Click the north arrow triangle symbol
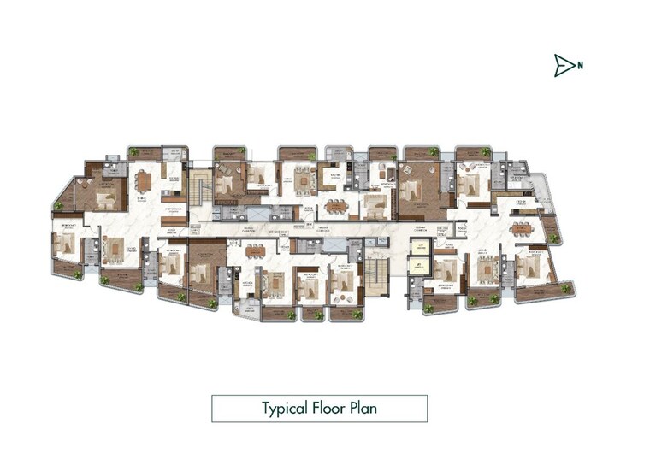[562, 65]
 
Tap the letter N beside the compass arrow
[580, 64]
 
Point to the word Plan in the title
[363, 408]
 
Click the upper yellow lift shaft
[419, 247]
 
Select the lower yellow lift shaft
[419, 267]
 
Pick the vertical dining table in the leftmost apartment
[145, 181]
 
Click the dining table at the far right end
[521, 228]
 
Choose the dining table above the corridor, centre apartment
[336, 206]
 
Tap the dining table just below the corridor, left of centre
[257, 251]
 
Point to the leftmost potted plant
[59, 206]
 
